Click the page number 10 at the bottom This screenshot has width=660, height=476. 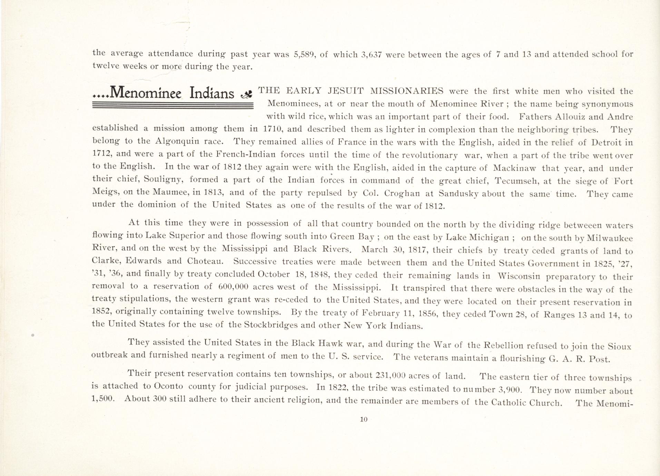pyautogui.click(x=363, y=419)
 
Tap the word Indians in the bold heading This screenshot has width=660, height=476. pyautogui.click(x=211, y=93)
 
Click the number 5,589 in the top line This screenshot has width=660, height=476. pyautogui.click(x=303, y=54)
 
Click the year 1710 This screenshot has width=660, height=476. pyautogui.click(x=273, y=129)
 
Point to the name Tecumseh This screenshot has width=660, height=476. pyautogui.click(x=519, y=181)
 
